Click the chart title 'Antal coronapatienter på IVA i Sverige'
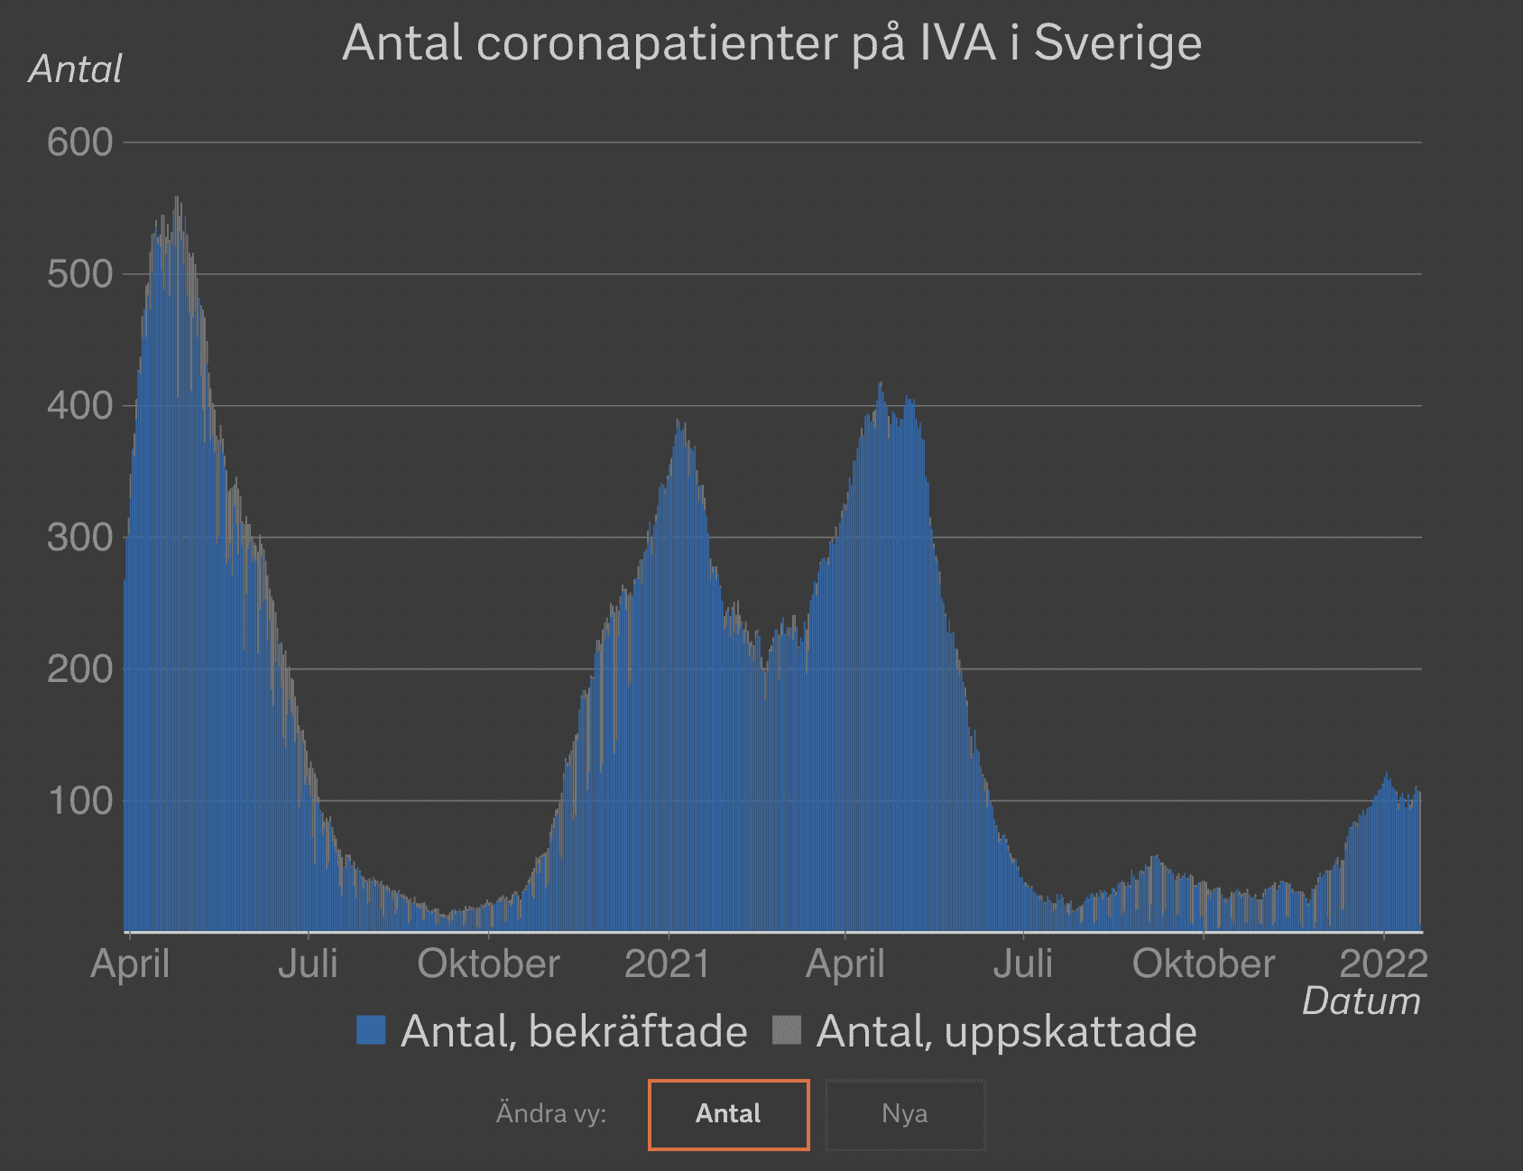coord(771,42)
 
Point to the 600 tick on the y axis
coord(79,143)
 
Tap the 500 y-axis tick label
coord(79,274)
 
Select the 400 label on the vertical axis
coord(79,406)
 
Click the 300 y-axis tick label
coord(79,538)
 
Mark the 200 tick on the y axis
coord(79,669)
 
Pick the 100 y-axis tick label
coord(79,801)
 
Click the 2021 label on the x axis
coord(668,964)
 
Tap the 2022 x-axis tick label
coord(1383,964)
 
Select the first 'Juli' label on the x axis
coord(308,964)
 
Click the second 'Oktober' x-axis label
coord(1203,964)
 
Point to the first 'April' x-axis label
coord(130,964)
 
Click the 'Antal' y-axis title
coord(75,69)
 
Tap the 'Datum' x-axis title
coord(1361,1001)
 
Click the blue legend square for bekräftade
coord(371,1030)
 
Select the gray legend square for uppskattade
coord(787,1030)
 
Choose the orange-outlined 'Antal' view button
coord(728,1114)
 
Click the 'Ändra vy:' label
coord(551,1114)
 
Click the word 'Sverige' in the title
coord(1117,42)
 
